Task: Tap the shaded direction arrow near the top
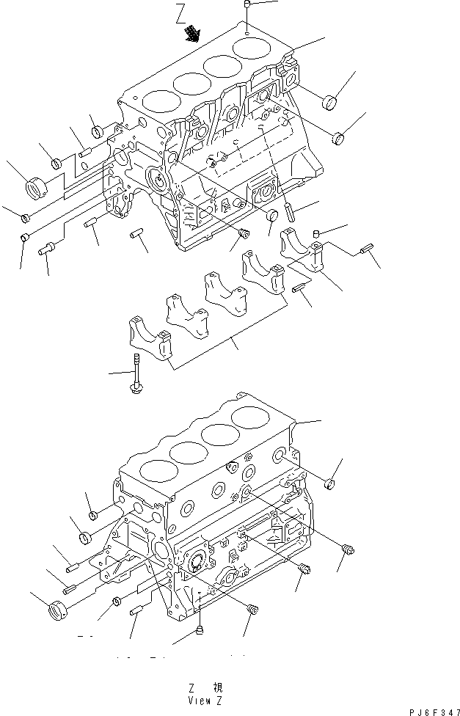(192, 32)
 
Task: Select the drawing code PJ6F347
(427, 705)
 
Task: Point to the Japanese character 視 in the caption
(218, 688)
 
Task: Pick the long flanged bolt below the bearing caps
(136, 375)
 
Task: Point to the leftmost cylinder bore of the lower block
(157, 470)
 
